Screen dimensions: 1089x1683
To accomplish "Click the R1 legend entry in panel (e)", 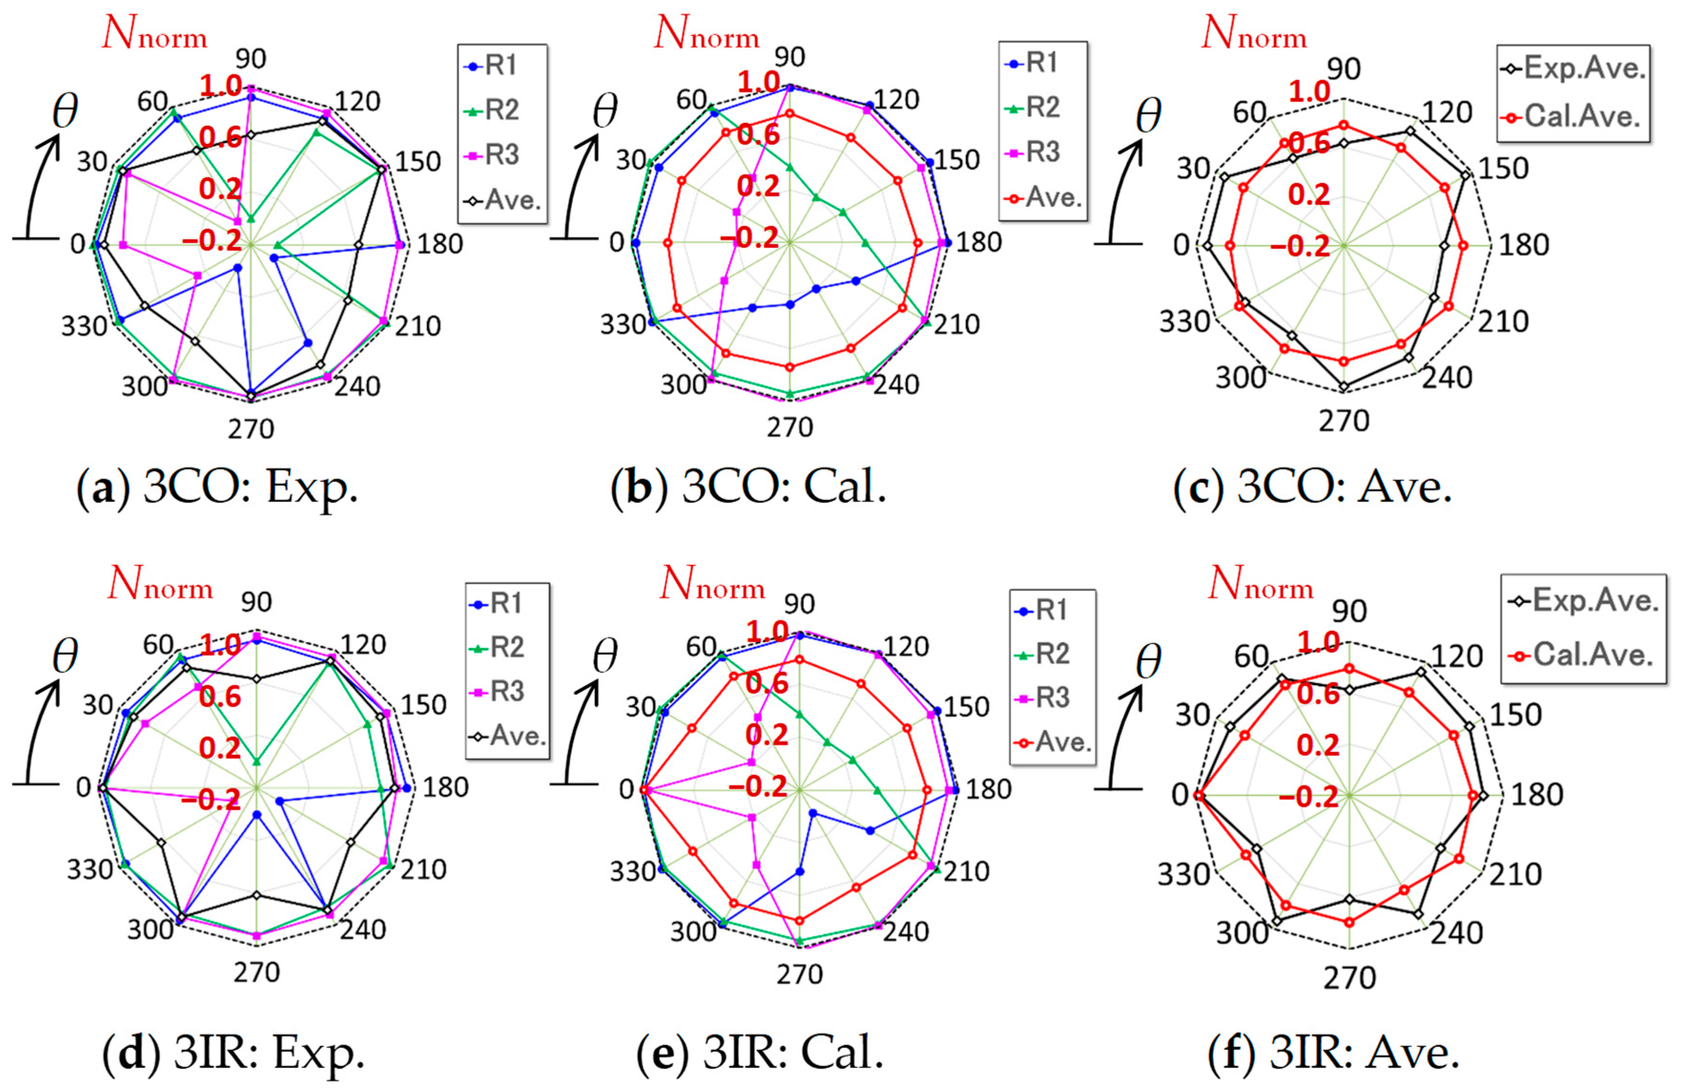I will [1052, 609].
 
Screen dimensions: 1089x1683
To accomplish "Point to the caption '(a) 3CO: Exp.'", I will [217, 488].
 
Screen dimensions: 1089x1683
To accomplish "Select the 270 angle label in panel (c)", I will [1344, 421].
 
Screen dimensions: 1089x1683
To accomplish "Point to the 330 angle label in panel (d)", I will [90, 869].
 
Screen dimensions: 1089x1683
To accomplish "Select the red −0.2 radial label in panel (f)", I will [1308, 797].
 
